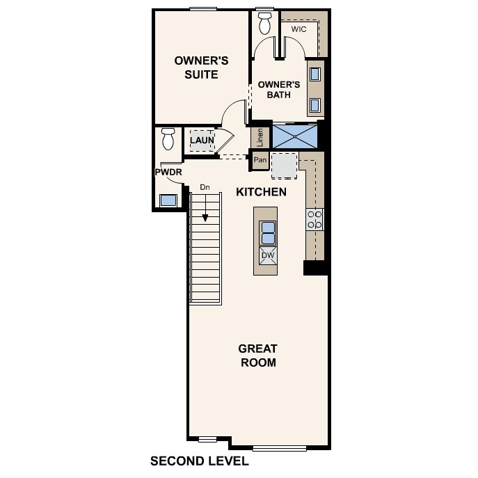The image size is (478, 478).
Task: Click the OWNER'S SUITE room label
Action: (196, 67)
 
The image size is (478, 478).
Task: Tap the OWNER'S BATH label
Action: (278, 90)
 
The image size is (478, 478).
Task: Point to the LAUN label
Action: (202, 140)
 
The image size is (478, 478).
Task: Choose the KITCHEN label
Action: (261, 191)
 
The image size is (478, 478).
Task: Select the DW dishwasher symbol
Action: (268, 255)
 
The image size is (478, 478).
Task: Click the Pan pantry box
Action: (260, 160)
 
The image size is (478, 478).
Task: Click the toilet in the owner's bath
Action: (264, 23)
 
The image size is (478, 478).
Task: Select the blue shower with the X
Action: (295, 136)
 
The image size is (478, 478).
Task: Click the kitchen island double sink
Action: (268, 232)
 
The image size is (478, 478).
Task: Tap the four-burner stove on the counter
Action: (314, 220)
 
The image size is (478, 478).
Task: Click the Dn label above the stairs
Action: (205, 186)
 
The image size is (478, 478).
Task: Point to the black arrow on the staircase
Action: (206, 216)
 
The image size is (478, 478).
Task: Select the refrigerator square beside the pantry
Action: (284, 165)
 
